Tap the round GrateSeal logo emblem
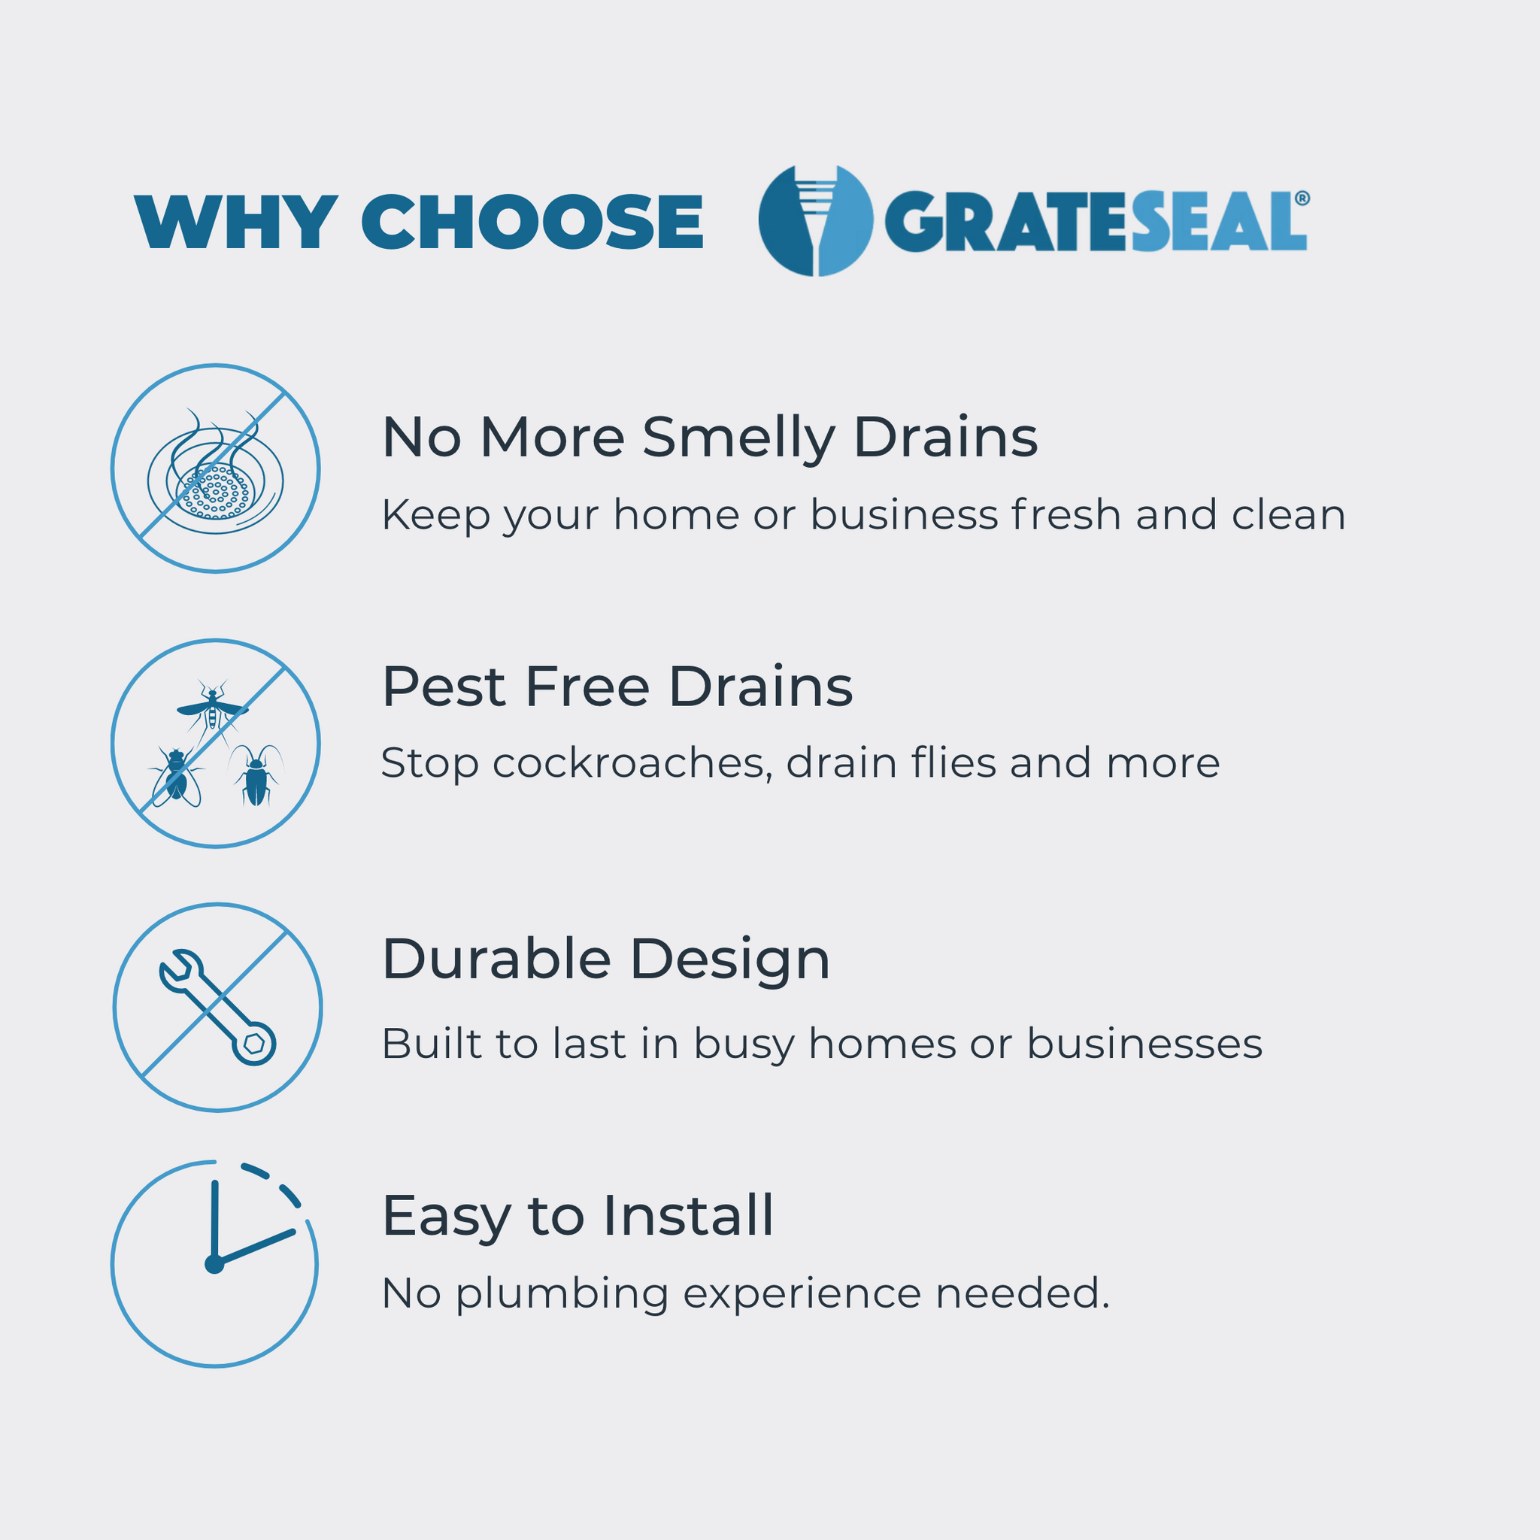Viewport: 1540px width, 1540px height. (815, 221)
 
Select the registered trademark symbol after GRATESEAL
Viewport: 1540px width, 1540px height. (1302, 198)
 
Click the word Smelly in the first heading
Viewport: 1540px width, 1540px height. (738, 440)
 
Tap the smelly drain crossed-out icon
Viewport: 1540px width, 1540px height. (215, 468)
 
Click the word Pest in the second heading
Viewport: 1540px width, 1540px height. (443, 687)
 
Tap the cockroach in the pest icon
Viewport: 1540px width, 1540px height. (256, 775)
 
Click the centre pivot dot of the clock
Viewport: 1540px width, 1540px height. (214, 1264)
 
